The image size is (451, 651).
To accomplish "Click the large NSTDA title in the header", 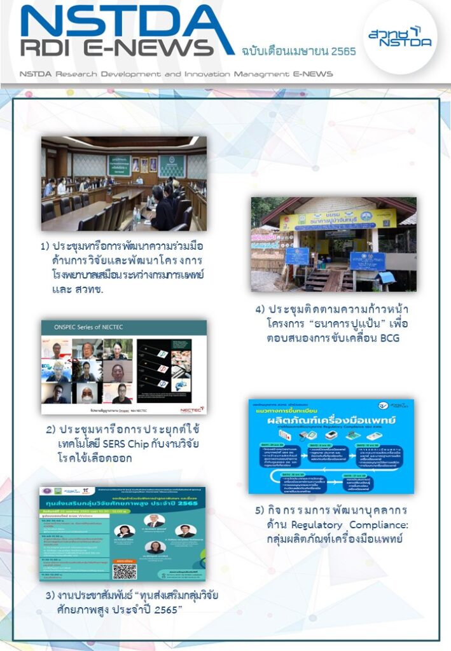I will pos(127,22).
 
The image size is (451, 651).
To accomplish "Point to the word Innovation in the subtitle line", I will pos(214,74).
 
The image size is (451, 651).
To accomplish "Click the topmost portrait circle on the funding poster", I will pos(153,519).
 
